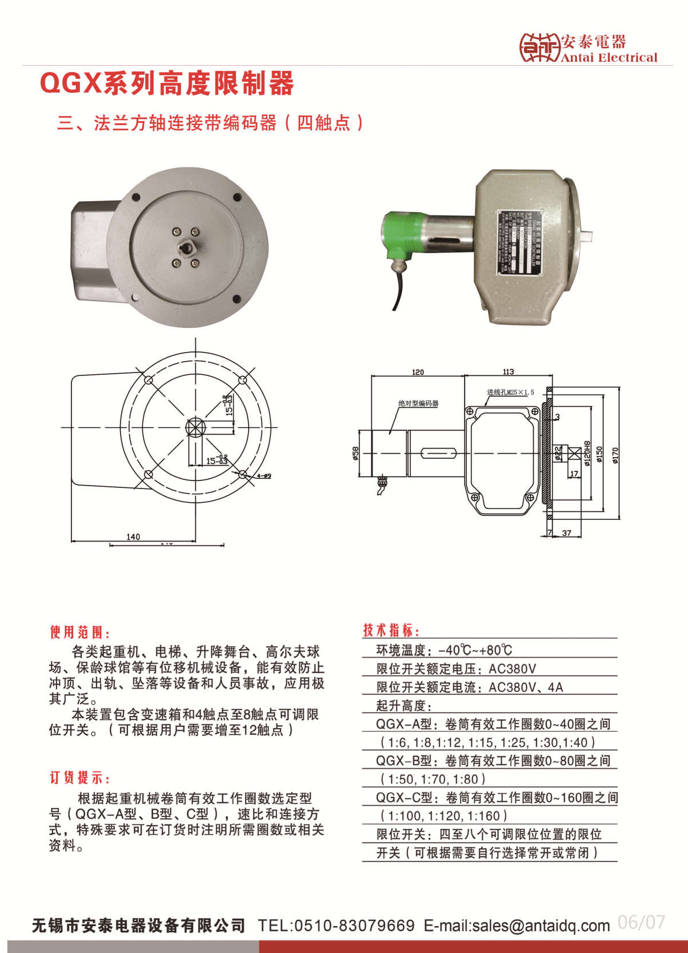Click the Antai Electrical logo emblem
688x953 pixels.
tap(539, 47)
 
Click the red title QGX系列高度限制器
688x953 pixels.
tap(167, 83)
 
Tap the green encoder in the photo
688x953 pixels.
tap(402, 234)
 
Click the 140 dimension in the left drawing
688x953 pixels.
tap(133, 536)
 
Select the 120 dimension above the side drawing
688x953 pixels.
tap(418, 372)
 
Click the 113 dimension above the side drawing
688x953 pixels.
tap(508, 371)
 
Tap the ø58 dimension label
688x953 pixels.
tap(355, 453)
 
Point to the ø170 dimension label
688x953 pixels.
tap(615, 454)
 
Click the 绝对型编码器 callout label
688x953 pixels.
tap(418, 403)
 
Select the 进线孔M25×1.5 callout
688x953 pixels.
tap(510, 393)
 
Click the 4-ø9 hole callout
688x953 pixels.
tap(263, 476)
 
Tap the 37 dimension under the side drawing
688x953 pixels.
tap(566, 533)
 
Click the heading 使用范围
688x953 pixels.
tap(79, 632)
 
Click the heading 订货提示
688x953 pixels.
tap(79, 778)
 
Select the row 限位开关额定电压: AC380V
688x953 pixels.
tap(456, 668)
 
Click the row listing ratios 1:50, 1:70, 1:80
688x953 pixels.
tap(433, 779)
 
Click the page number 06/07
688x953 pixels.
tap(641, 922)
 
